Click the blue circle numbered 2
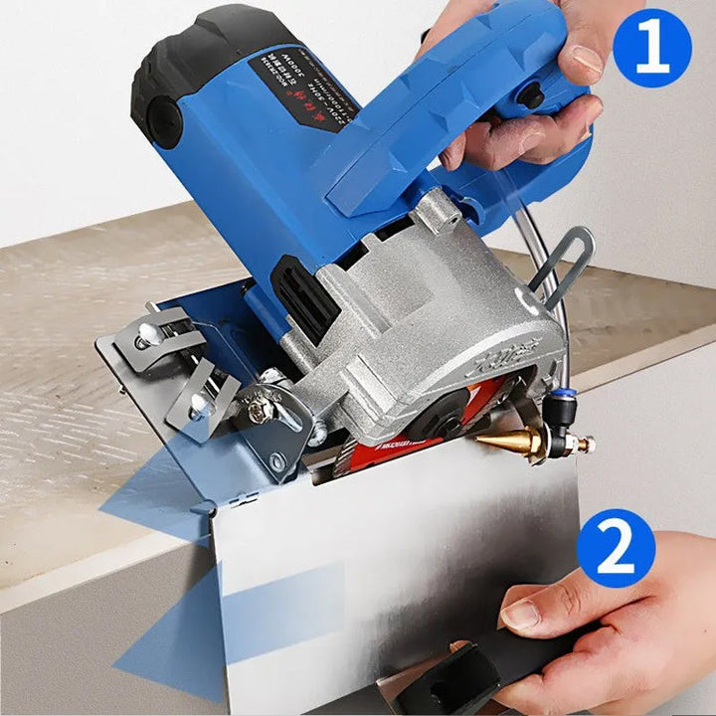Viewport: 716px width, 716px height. pos(617,547)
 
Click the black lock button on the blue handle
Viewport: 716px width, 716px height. pos(533,97)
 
